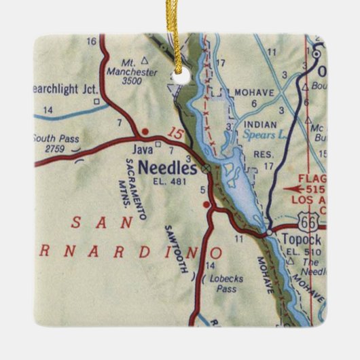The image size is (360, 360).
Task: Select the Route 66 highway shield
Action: pyautogui.click(x=306, y=219)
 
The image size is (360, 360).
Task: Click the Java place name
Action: pyautogui.click(x=142, y=148)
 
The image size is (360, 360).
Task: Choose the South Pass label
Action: pyautogui.click(x=56, y=139)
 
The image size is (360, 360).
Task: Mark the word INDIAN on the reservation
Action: pyautogui.click(x=261, y=124)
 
